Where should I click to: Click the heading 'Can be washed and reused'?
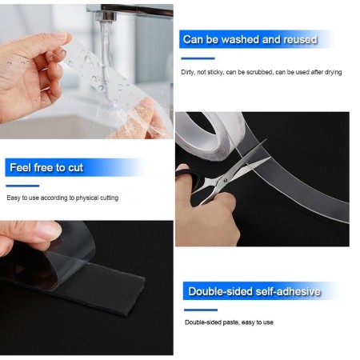pyautogui.click(x=250, y=39)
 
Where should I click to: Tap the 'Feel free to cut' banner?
pyautogui.click(x=46, y=168)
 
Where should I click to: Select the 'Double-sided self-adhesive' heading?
pyautogui.click(x=253, y=292)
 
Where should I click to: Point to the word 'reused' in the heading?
pyautogui.click(x=298, y=39)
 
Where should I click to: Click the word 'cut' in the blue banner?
pyautogui.click(x=73, y=168)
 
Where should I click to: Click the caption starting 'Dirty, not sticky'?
pyautogui.click(x=262, y=73)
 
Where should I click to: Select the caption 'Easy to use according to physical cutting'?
pyautogui.click(x=62, y=198)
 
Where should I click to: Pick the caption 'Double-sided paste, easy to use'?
pyautogui.click(x=229, y=322)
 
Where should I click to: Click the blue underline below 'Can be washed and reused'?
pyautogui.click(x=199, y=58)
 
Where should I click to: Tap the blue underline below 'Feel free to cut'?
pyautogui.click(x=23, y=186)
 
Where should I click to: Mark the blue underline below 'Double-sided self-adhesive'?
pyautogui.click(x=201, y=310)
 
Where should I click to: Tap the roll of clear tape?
pyautogui.click(x=208, y=131)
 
